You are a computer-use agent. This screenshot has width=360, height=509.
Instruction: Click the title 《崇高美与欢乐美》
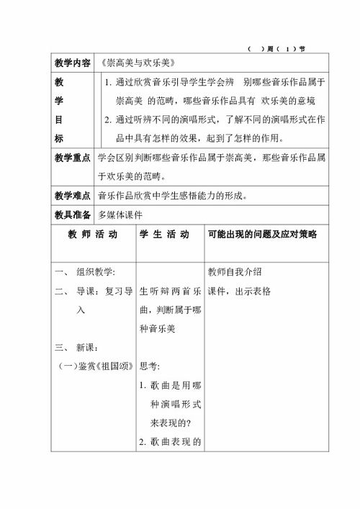pos(135,63)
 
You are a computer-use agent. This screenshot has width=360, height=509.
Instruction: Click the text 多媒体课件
pos(122,214)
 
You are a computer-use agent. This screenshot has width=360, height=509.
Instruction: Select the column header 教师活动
pos(92,235)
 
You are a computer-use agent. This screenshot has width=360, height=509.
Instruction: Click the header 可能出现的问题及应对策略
pos(261,235)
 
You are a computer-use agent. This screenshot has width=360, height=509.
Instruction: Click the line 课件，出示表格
pos(239,291)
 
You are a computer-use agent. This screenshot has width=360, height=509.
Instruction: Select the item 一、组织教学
pos(86,272)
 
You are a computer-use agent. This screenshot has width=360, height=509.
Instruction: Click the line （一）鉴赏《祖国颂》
pos(92,366)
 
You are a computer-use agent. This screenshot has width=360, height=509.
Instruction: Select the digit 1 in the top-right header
pos(287,49)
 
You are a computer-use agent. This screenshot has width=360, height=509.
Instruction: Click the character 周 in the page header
pos(269,49)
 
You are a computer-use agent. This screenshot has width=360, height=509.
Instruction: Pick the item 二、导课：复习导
pos(93,291)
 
